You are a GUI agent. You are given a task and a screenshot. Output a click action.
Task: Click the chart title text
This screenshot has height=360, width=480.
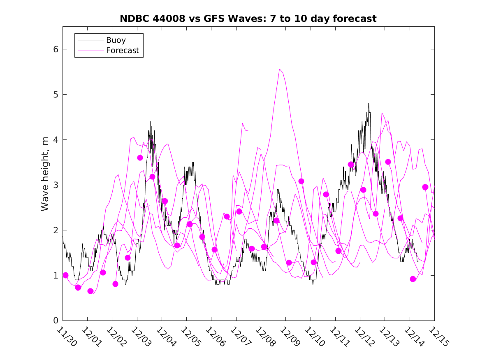[248, 19]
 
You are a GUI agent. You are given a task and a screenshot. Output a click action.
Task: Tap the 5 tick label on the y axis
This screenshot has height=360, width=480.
[54, 95]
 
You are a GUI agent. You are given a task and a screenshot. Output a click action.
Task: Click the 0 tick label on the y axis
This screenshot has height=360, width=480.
[54, 321]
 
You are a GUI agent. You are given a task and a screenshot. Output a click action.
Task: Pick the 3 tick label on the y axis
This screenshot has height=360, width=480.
[54, 185]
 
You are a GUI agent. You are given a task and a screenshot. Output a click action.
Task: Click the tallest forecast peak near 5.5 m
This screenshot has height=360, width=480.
[280, 69]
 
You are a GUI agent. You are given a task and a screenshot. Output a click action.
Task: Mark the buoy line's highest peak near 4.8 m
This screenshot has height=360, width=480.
[369, 104]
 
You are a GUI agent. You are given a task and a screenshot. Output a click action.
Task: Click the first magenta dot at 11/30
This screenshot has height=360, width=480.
[65, 275]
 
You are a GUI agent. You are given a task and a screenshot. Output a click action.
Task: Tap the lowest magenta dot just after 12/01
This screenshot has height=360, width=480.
[90, 291]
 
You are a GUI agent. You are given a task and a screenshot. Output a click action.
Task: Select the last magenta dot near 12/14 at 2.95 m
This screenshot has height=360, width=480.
[425, 187]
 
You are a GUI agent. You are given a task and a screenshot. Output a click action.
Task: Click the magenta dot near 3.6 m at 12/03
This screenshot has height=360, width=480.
[140, 158]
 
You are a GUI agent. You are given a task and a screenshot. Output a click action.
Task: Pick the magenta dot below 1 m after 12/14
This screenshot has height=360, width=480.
[413, 279]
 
